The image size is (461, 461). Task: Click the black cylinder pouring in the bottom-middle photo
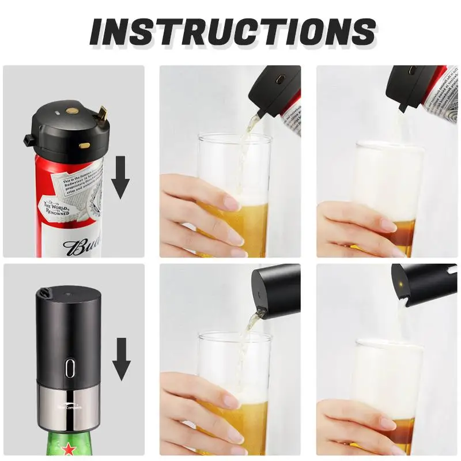276,290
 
